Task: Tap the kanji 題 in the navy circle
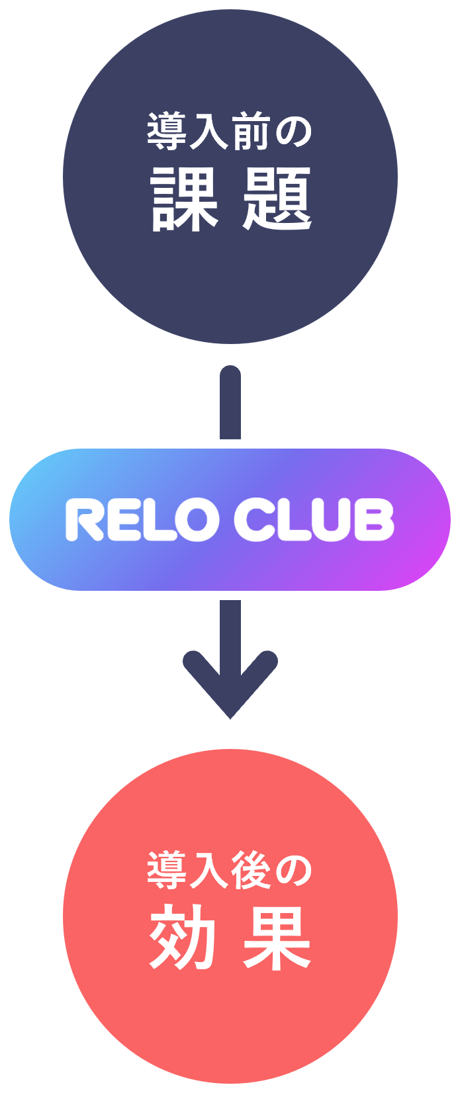[x=277, y=198]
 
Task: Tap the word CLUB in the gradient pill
[x=314, y=519]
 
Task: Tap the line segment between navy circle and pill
[x=230, y=404]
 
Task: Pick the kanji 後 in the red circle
[x=250, y=870]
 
